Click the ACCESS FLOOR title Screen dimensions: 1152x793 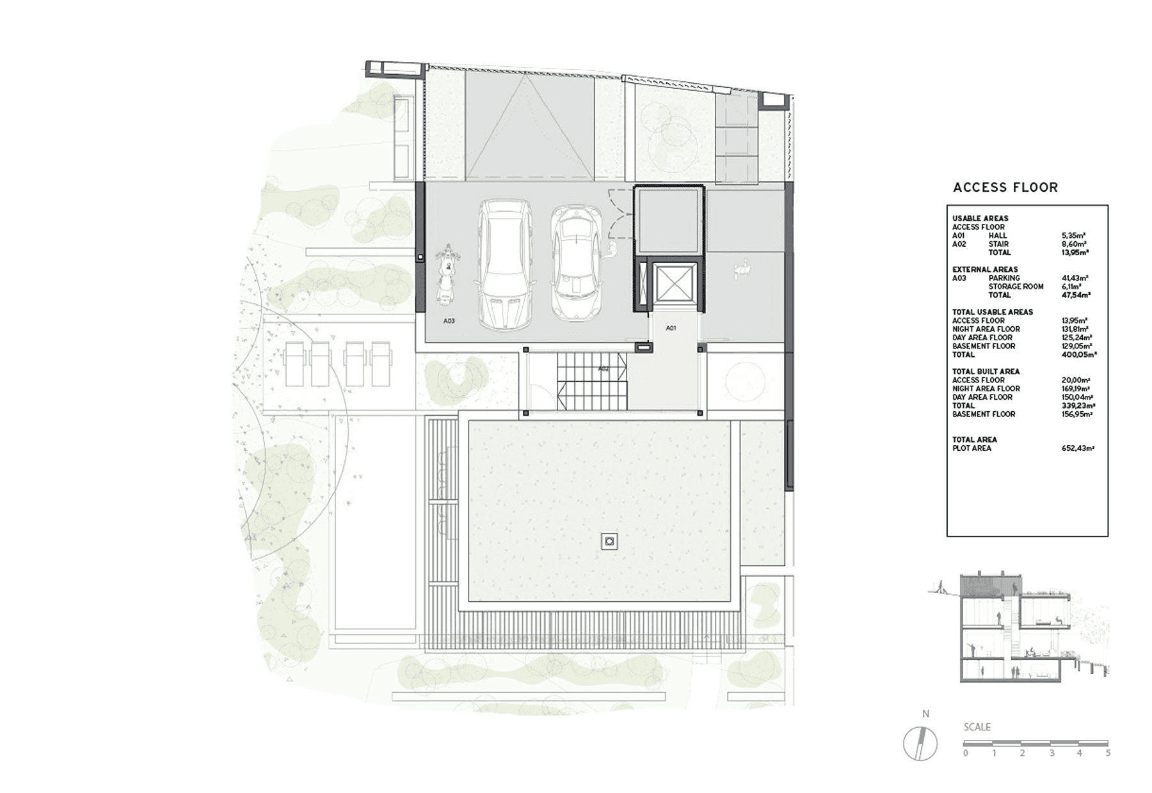coord(1005,187)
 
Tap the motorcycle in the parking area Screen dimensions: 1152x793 coord(447,274)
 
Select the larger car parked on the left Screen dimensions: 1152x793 coord(505,264)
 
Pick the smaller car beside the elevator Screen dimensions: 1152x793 coord(576,262)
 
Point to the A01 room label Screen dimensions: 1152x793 coord(671,328)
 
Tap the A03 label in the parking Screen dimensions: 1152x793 coord(449,321)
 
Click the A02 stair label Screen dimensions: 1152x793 coord(604,369)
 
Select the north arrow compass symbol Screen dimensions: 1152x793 coord(920,744)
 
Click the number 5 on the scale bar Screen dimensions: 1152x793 coord(1108,753)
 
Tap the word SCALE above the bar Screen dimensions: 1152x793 coord(977,727)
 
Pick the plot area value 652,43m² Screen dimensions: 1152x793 coord(1078,448)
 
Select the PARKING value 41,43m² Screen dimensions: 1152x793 coord(1075,278)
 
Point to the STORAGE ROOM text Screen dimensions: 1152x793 coord(1016,287)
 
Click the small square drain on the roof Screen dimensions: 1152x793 coord(609,542)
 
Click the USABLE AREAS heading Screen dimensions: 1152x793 coord(980,218)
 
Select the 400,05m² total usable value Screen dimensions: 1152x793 coord(1079,354)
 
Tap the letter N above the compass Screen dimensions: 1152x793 coord(925,714)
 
